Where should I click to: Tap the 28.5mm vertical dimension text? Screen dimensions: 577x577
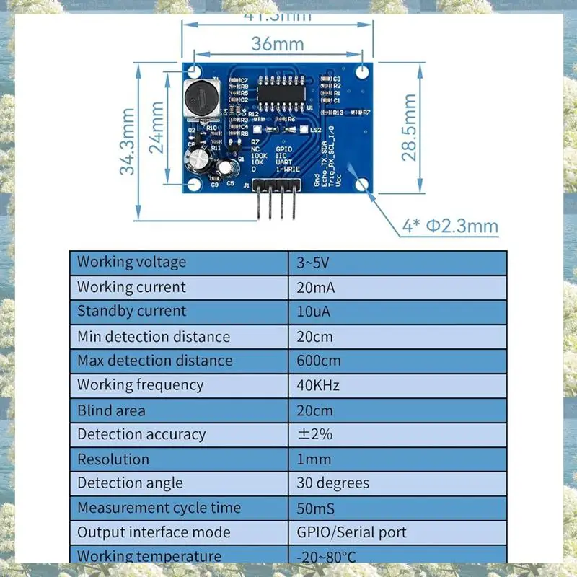click(410, 127)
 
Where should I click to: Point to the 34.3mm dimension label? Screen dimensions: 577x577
click(128, 142)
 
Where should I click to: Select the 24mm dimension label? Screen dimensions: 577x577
click(157, 127)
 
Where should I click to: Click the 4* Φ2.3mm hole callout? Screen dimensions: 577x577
click(451, 226)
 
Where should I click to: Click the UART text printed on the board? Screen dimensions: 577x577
click(283, 162)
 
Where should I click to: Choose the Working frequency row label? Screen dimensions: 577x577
click(140, 385)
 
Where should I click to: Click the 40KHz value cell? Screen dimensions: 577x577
click(317, 385)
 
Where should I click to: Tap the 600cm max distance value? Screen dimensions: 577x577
click(318, 361)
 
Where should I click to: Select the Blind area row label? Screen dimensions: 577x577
click(111, 410)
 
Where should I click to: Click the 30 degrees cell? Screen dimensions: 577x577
click(332, 483)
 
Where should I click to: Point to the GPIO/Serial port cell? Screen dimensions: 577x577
click(351, 532)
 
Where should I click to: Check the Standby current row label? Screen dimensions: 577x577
click(131, 312)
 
